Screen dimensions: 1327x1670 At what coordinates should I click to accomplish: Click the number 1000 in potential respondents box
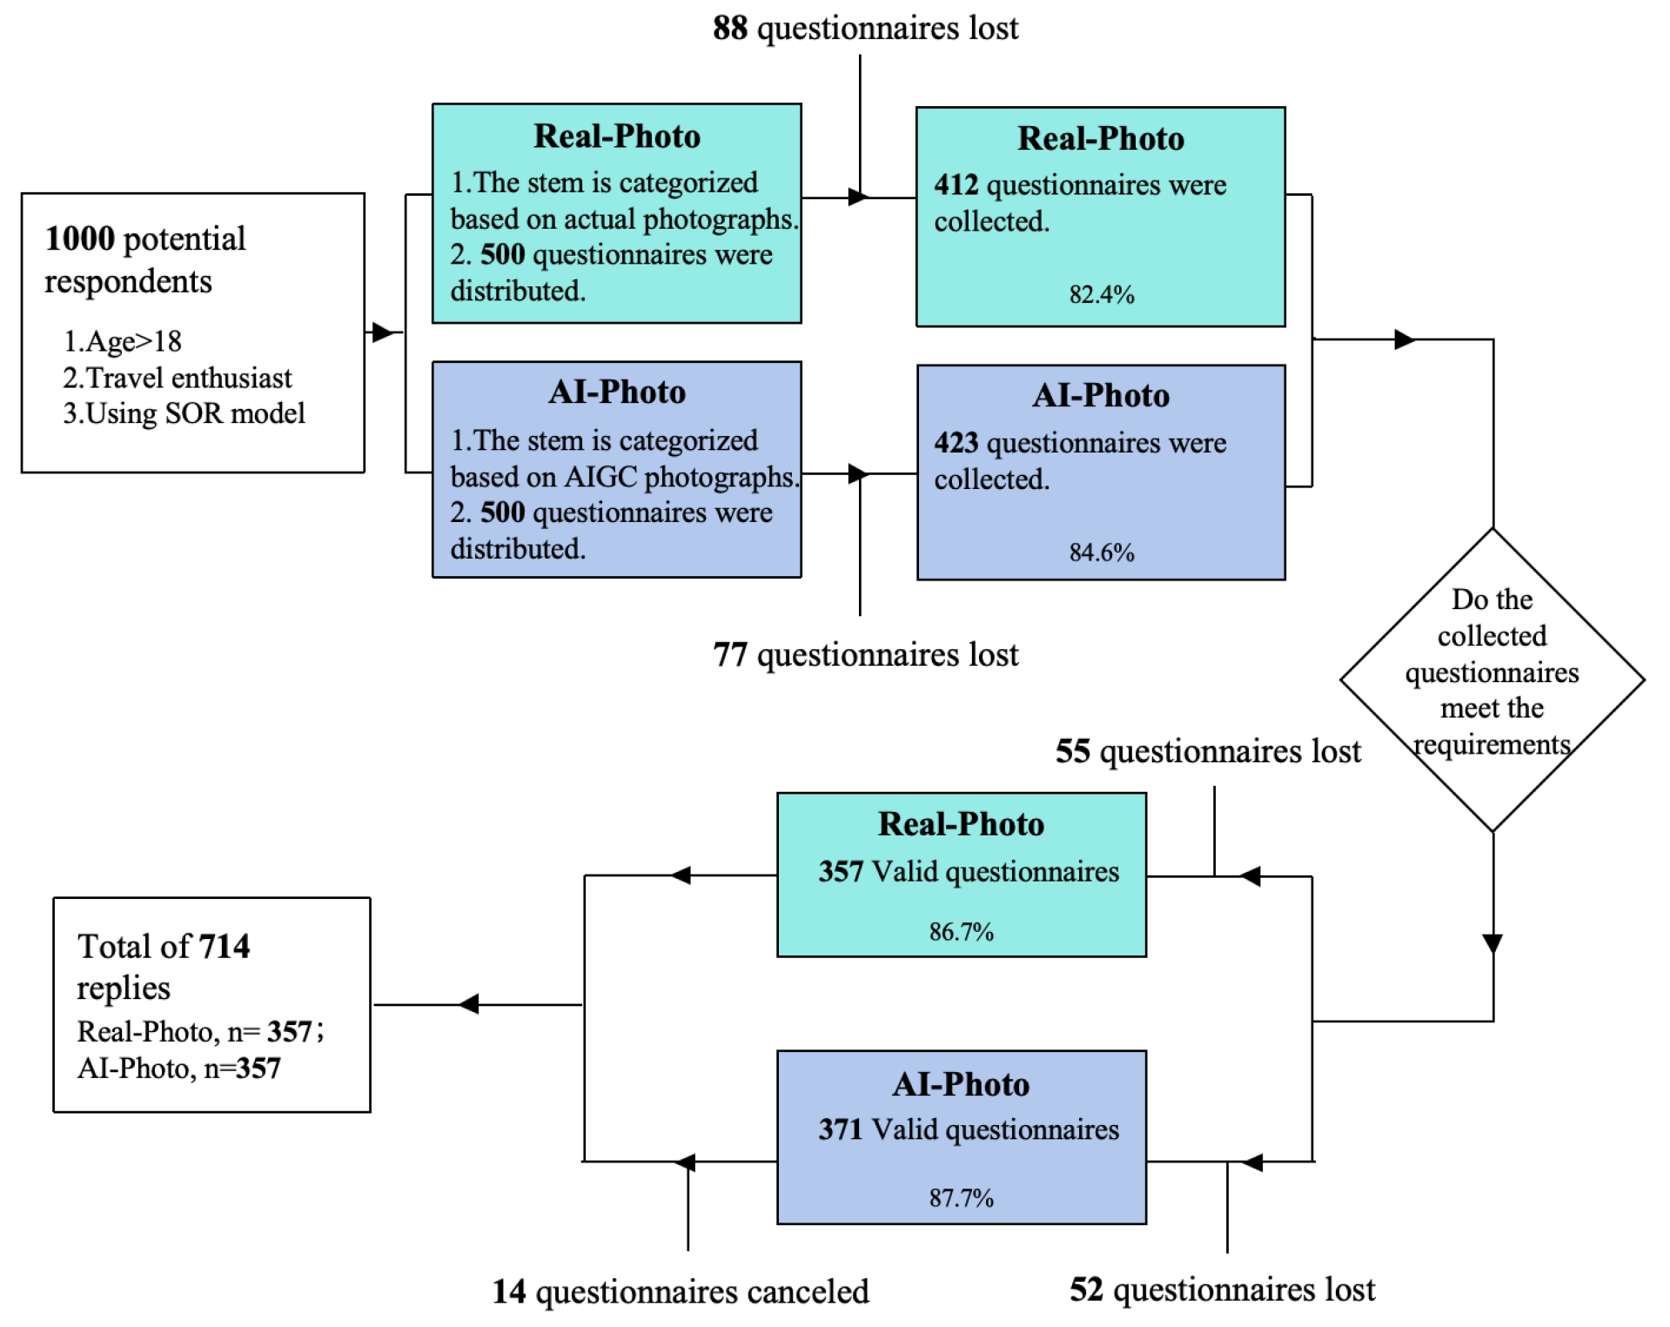79,238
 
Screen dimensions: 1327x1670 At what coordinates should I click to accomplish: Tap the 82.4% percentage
1101,295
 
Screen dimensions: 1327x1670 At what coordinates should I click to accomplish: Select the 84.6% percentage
1101,553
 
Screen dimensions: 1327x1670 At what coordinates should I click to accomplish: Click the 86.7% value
961,932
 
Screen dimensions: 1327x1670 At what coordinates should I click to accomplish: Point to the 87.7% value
961,1198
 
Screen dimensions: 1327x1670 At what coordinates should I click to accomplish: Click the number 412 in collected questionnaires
956,184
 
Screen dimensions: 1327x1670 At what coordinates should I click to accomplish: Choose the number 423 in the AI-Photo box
956,443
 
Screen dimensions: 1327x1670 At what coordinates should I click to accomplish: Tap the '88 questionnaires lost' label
865,28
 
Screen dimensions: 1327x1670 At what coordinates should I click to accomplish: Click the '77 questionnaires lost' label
865,654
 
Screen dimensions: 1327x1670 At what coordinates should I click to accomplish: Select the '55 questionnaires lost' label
1208,751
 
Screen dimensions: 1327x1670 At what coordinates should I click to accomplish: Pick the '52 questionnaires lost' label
1222,1290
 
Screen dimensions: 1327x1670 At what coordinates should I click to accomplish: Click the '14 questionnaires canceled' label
681,1292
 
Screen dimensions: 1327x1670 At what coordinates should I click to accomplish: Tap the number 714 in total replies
224,947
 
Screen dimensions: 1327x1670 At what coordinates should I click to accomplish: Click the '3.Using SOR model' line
184,413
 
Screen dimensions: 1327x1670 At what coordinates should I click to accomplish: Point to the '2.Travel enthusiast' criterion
177,378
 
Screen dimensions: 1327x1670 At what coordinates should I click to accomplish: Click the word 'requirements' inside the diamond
1492,745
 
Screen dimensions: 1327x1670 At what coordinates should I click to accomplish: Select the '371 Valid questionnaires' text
968,1129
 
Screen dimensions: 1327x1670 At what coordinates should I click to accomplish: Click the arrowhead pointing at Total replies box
468,1004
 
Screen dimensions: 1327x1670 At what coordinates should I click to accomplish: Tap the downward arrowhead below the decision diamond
1492,944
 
